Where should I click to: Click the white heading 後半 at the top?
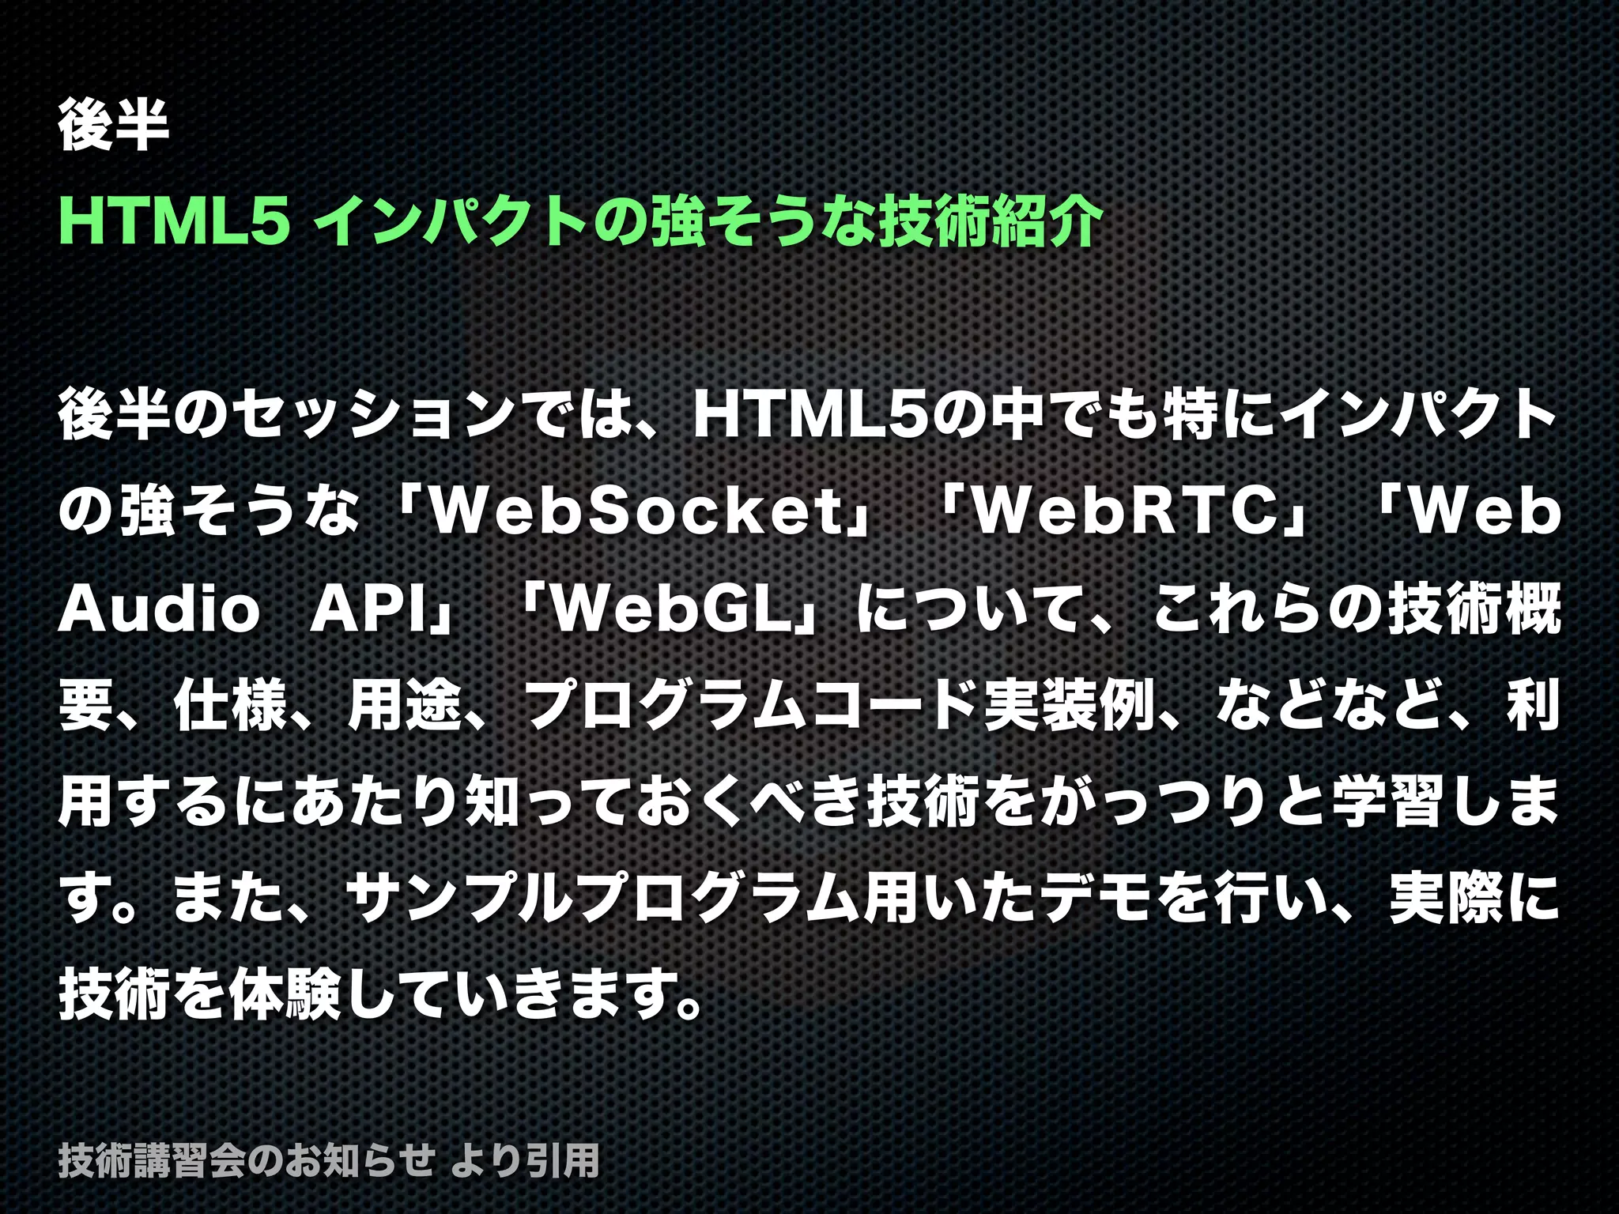(x=113, y=125)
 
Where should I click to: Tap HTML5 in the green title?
(x=171, y=222)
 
